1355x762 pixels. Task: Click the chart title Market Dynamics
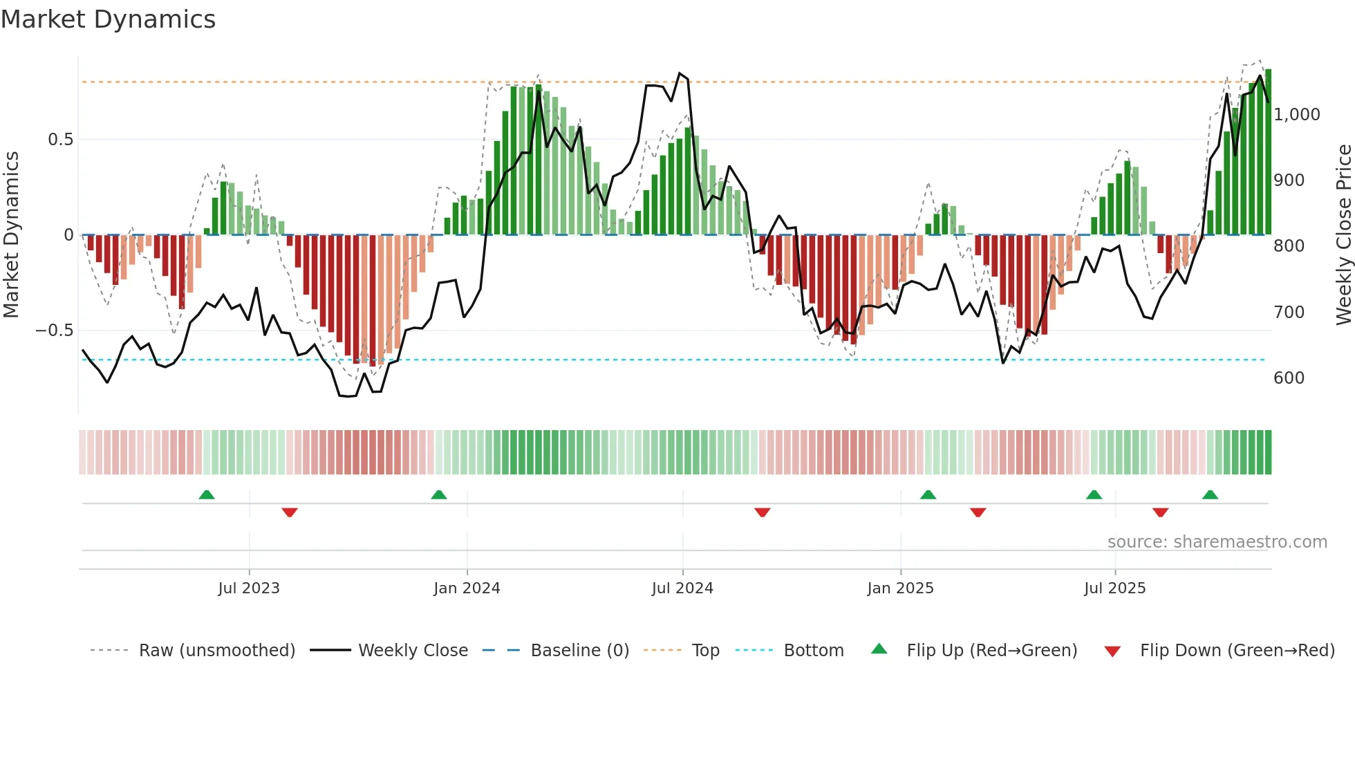(x=108, y=19)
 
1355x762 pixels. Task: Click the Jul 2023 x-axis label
(x=249, y=588)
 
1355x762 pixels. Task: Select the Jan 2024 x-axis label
(x=467, y=588)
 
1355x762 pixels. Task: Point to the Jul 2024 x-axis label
(x=682, y=588)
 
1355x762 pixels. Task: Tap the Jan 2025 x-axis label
(x=900, y=588)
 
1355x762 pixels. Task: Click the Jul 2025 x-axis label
(x=1114, y=588)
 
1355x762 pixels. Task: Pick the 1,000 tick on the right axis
(x=1296, y=115)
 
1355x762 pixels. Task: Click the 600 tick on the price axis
(x=1289, y=378)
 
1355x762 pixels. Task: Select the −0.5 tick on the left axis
(x=55, y=331)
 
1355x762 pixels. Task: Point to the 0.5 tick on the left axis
(x=60, y=140)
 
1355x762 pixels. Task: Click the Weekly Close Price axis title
(x=1343, y=234)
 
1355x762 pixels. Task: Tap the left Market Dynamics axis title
(x=12, y=234)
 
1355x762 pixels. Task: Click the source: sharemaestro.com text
(x=1217, y=542)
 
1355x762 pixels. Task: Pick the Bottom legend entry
(x=813, y=651)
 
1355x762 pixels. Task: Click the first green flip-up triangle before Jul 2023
(x=207, y=494)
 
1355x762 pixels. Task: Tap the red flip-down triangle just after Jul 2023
(x=290, y=512)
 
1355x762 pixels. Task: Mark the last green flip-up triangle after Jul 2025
(x=1210, y=494)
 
